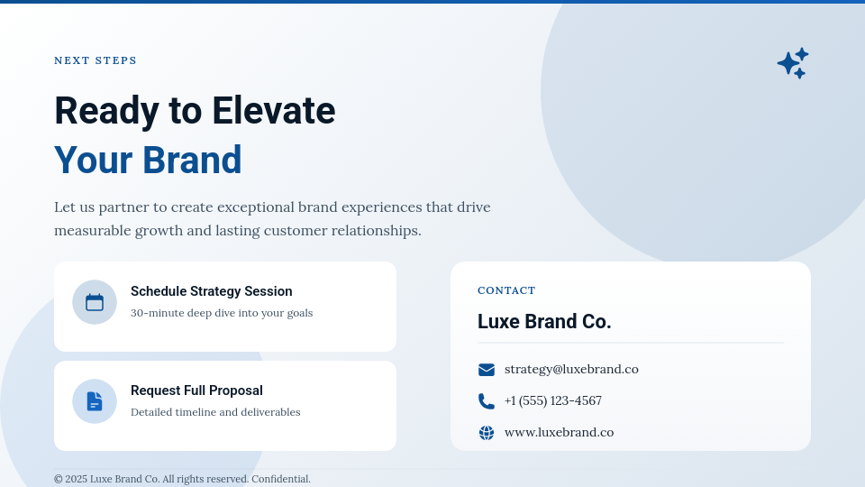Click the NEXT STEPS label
tap(96, 60)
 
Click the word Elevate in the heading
tap(273, 110)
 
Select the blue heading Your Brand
tap(148, 160)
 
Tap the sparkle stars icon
tap(792, 63)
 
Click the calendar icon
tap(95, 302)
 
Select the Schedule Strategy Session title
tap(211, 291)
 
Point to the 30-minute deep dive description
tap(222, 313)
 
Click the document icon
tap(95, 401)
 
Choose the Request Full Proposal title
tap(196, 391)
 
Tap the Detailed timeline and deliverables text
tap(215, 412)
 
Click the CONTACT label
tap(506, 290)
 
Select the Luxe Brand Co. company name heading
tap(544, 322)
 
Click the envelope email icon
tap(487, 370)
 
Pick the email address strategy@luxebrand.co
tap(571, 369)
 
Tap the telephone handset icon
tap(487, 401)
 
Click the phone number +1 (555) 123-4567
tap(552, 400)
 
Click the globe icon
tap(487, 433)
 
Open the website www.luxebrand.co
tap(559, 432)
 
